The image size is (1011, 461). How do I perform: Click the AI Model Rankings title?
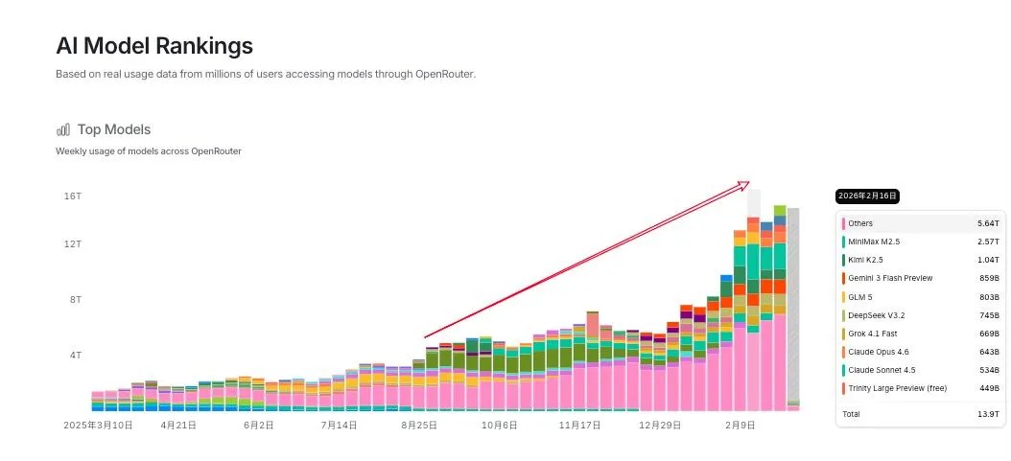(x=154, y=45)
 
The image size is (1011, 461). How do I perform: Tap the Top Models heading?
(x=114, y=129)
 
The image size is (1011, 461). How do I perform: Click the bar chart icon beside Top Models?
(x=63, y=129)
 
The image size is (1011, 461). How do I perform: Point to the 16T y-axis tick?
(x=72, y=196)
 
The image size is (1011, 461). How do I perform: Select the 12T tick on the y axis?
(x=72, y=244)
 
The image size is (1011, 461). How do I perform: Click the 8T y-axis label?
(x=75, y=300)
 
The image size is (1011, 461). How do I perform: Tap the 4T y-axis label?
(x=75, y=356)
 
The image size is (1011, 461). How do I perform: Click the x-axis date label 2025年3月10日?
(x=98, y=424)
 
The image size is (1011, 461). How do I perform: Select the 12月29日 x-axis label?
(x=659, y=424)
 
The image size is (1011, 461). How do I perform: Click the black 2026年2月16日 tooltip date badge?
(x=867, y=196)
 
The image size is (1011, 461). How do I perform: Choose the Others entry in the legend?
(x=860, y=223)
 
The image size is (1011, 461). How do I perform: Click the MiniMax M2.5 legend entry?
(x=874, y=242)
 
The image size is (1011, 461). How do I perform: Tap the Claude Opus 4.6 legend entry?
(x=879, y=352)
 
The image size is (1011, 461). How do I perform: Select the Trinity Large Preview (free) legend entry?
(x=897, y=388)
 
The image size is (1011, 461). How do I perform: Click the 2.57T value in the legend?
(x=988, y=242)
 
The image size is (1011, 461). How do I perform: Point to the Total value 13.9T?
(x=988, y=414)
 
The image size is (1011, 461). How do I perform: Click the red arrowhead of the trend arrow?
(x=743, y=184)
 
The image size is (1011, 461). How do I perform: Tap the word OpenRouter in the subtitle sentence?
(x=445, y=74)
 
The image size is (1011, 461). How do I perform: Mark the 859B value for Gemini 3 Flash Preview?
(x=987, y=278)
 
